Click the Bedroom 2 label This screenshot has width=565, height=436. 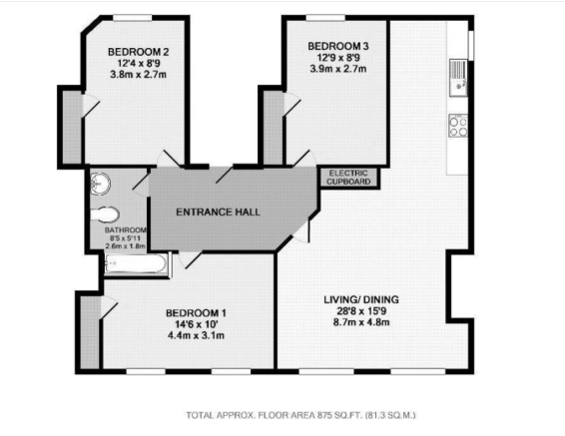(139, 52)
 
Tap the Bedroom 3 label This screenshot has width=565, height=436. (338, 46)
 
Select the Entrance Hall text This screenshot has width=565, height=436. (218, 213)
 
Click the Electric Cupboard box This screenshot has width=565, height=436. (348, 178)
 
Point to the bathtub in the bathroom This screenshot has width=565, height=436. (136, 263)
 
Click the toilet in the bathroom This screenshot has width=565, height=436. (105, 216)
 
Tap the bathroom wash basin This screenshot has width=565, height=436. (100, 184)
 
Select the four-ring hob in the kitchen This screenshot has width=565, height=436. (458, 126)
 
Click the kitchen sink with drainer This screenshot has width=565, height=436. (458, 78)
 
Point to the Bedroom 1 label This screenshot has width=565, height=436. (196, 313)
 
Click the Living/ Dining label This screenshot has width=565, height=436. (361, 299)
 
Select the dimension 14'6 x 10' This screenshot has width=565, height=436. (196, 324)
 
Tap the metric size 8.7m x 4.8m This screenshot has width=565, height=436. (361, 322)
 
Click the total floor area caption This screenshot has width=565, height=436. (300, 415)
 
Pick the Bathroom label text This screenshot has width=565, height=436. (126, 230)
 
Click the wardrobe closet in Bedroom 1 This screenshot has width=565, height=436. (90, 332)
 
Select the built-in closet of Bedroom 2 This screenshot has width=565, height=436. (72, 127)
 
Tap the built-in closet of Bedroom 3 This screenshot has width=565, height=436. (274, 127)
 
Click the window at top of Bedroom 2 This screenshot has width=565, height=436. (132, 18)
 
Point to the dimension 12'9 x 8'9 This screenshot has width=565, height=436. (338, 58)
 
